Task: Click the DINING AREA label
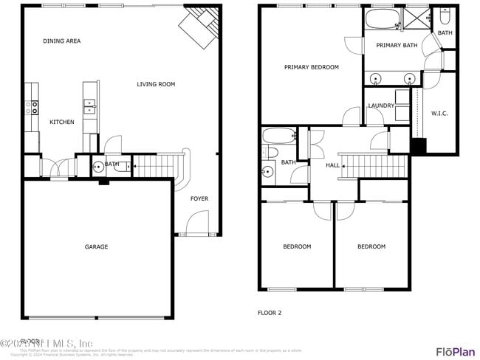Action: [62, 41]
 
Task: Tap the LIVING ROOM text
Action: [156, 84]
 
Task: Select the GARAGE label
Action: [96, 246]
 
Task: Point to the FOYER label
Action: [199, 198]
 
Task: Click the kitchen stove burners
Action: [32, 107]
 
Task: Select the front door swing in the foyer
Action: [197, 222]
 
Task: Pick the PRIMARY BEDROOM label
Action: [311, 67]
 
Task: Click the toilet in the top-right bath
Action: [445, 16]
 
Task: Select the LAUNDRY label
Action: [381, 105]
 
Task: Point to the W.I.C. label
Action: [439, 113]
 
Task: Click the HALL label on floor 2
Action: [333, 165]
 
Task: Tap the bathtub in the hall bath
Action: [278, 135]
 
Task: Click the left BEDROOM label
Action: [297, 246]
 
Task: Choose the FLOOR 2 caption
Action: [270, 313]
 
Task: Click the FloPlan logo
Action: [455, 351]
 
